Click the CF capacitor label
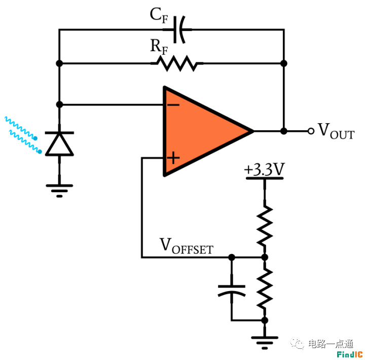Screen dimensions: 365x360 coord(159,15)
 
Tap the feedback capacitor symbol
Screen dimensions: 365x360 coord(179,29)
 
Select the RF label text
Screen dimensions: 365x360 coord(159,47)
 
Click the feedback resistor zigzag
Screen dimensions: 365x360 coord(177,63)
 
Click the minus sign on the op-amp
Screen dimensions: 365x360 coord(173,105)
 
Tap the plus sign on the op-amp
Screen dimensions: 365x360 coord(173,158)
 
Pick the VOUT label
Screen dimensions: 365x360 coord(336,131)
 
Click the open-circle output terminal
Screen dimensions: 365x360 coord(311,131)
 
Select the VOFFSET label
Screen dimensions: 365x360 coord(186,246)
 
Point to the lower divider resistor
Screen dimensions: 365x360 coord(265,289)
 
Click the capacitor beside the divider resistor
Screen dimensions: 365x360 coord(232,291)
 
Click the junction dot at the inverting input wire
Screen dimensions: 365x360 coord(60,104)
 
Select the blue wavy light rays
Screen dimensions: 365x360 coord(23,134)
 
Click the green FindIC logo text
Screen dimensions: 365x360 coord(350,354)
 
